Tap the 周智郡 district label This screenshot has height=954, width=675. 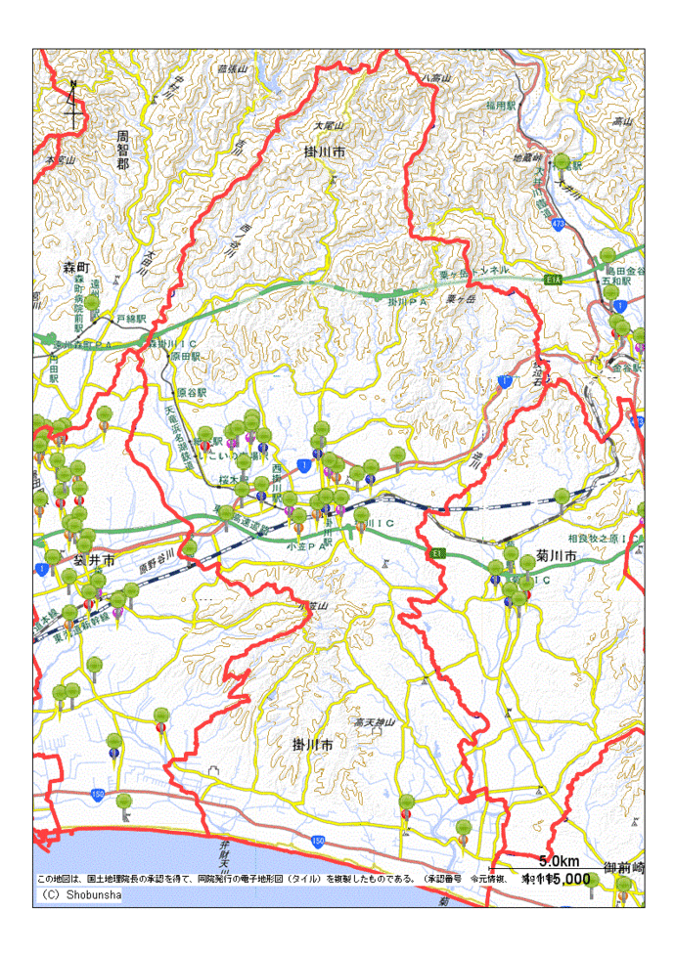pyautogui.click(x=122, y=151)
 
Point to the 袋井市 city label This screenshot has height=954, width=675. pyautogui.click(x=97, y=562)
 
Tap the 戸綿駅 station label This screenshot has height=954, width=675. pyautogui.click(x=130, y=319)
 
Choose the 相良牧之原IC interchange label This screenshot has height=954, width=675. pyautogui.click(x=602, y=539)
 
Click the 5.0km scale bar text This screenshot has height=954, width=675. pyautogui.click(x=560, y=861)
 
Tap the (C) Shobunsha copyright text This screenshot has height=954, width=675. pyautogui.click(x=80, y=894)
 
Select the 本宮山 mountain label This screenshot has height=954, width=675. pyautogui.click(x=60, y=157)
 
